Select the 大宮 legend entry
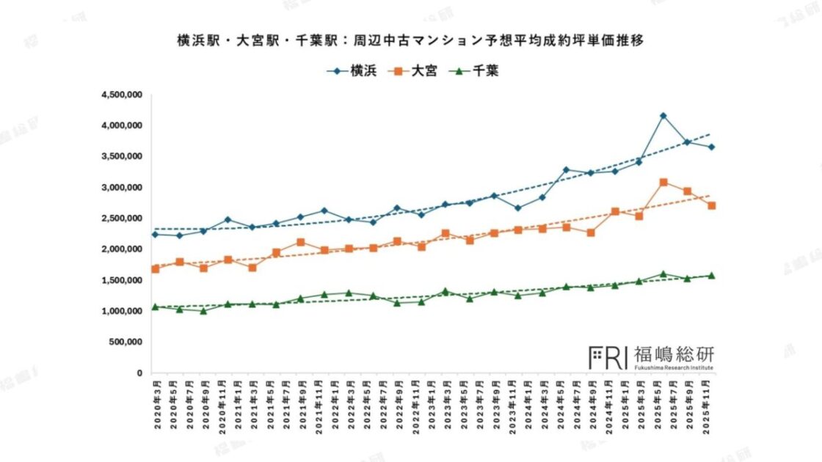point(414,71)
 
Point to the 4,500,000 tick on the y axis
point(121,95)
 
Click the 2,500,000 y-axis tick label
point(121,219)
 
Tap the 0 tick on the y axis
point(139,373)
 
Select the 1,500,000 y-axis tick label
point(121,280)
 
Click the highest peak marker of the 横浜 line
point(663,116)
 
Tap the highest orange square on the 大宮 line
point(663,182)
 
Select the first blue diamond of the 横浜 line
point(155,235)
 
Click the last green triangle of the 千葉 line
point(710,276)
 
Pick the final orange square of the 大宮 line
point(710,206)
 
